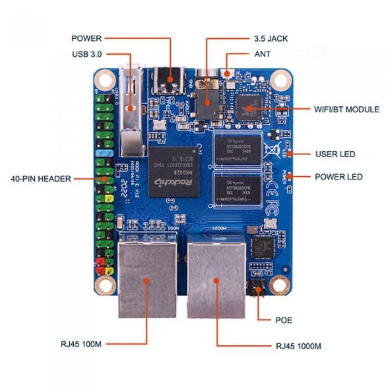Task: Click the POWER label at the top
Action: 86,39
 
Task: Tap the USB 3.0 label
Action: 86,54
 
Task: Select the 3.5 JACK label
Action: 270,39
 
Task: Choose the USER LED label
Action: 335,154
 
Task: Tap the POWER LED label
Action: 339,177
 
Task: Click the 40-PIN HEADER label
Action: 41,179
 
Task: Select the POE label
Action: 283,320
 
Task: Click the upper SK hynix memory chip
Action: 237,149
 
